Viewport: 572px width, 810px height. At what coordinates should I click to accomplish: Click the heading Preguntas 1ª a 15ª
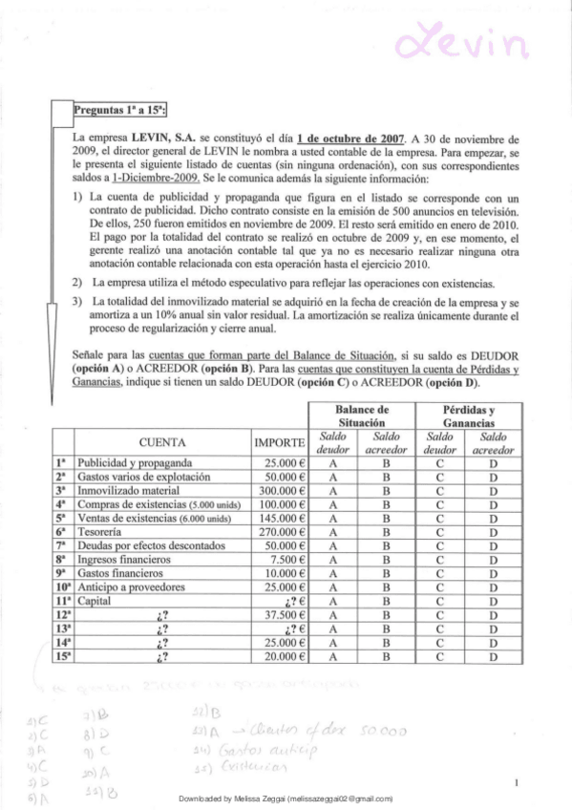click(120, 108)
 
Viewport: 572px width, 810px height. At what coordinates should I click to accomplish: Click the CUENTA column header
click(162, 442)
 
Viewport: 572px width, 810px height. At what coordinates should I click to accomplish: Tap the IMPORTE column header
click(280, 442)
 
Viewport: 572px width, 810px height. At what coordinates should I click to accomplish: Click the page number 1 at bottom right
click(516, 783)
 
